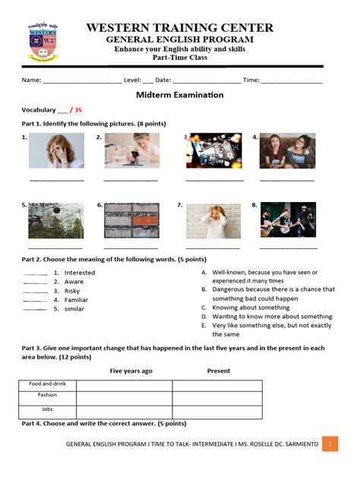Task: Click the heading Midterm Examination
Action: (x=179, y=95)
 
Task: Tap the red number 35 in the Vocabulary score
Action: (x=77, y=109)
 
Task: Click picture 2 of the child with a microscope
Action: (x=132, y=150)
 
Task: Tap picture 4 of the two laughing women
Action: (x=287, y=151)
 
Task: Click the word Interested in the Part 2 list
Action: (x=80, y=273)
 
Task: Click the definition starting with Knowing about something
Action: (x=251, y=308)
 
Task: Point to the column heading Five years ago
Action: (x=131, y=371)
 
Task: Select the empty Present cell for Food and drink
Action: (x=217, y=385)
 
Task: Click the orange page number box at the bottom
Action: (x=330, y=444)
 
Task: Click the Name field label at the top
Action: (x=31, y=80)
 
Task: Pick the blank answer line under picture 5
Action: (x=55, y=247)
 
